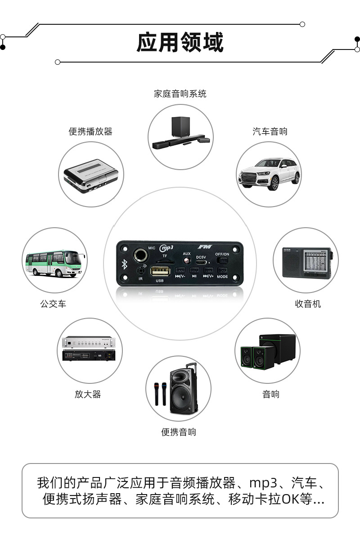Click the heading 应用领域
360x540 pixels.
(180, 43)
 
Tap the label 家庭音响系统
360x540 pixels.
(180, 94)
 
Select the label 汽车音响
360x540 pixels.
(270, 131)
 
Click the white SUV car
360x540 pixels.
(269, 174)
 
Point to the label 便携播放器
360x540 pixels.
(90, 131)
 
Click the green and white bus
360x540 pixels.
(54, 263)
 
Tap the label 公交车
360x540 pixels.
(53, 304)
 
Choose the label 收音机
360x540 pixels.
(308, 304)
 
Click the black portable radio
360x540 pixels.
(306, 262)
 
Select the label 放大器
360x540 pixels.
(88, 394)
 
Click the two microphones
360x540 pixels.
(159, 394)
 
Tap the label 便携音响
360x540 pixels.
(179, 432)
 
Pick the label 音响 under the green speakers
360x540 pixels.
(271, 394)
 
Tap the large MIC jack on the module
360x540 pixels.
(138, 255)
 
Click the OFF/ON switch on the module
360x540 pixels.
(222, 261)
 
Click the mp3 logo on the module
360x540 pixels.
(167, 248)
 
